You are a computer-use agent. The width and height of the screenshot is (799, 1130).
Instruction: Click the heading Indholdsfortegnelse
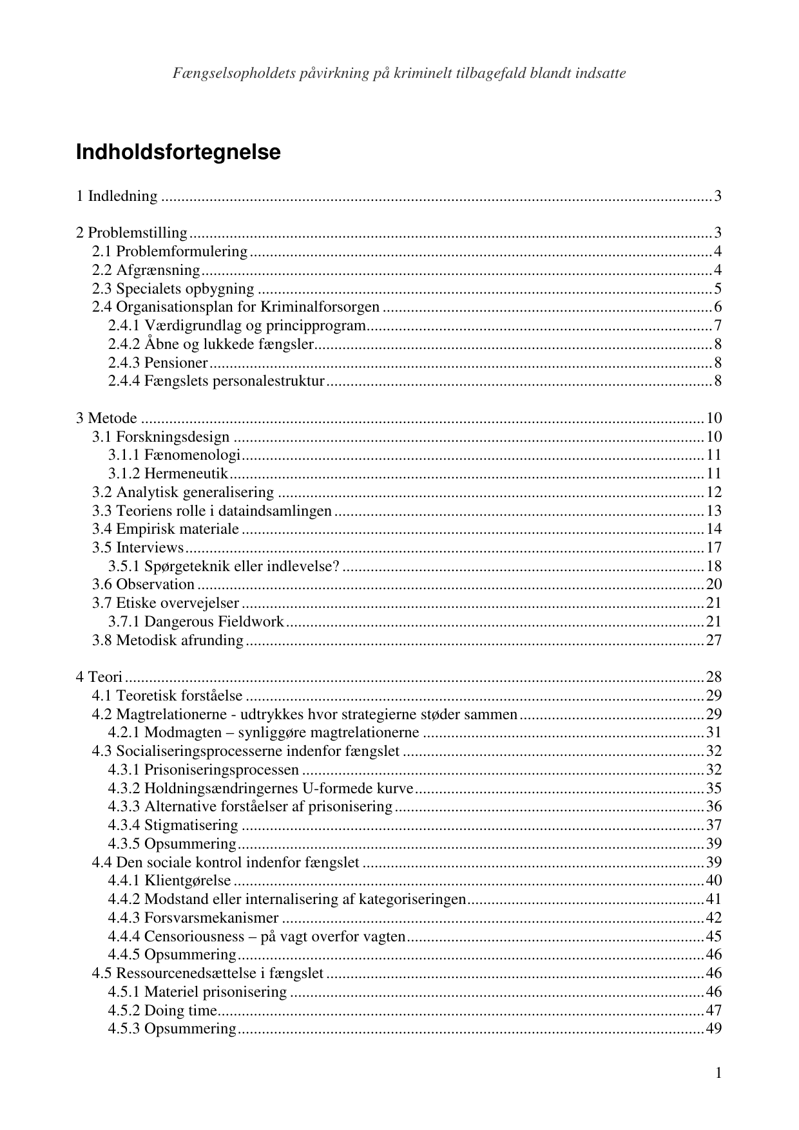pyautogui.click(x=178, y=153)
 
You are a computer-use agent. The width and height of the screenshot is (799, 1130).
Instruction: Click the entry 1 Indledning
pyautogui.click(x=117, y=196)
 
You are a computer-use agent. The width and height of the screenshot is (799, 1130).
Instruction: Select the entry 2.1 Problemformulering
pyautogui.click(x=169, y=251)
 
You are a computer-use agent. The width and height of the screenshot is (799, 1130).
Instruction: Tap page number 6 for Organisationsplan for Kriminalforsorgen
pyautogui.click(x=717, y=306)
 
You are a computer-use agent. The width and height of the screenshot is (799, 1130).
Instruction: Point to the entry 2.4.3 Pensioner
pyautogui.click(x=158, y=362)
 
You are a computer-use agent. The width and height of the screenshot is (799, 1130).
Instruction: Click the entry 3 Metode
pyautogui.click(x=106, y=418)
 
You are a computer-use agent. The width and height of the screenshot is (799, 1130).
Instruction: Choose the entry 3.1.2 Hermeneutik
pyautogui.click(x=168, y=474)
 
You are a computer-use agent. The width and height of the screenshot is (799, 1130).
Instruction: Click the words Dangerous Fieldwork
pyautogui.click(x=214, y=621)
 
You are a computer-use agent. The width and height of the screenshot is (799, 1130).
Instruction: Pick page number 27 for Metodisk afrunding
pyautogui.click(x=713, y=640)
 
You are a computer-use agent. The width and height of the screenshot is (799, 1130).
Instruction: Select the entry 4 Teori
pyautogui.click(x=99, y=677)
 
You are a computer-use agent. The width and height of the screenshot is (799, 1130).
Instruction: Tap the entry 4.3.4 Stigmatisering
pyautogui.click(x=173, y=825)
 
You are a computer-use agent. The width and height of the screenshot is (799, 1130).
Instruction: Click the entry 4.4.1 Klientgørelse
pyautogui.click(x=169, y=880)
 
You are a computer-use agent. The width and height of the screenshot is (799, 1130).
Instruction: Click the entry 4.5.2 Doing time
pyautogui.click(x=162, y=1010)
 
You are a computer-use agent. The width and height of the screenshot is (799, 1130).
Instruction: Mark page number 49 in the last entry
pyautogui.click(x=713, y=1028)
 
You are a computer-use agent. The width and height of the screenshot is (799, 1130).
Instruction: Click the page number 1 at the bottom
pyautogui.click(x=718, y=1073)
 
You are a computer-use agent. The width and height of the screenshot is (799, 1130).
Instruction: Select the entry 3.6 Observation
pyautogui.click(x=143, y=584)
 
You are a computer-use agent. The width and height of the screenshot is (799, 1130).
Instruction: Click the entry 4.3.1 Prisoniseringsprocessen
pyautogui.click(x=203, y=769)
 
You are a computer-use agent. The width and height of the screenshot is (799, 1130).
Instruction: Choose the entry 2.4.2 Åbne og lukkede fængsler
pyautogui.click(x=211, y=344)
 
